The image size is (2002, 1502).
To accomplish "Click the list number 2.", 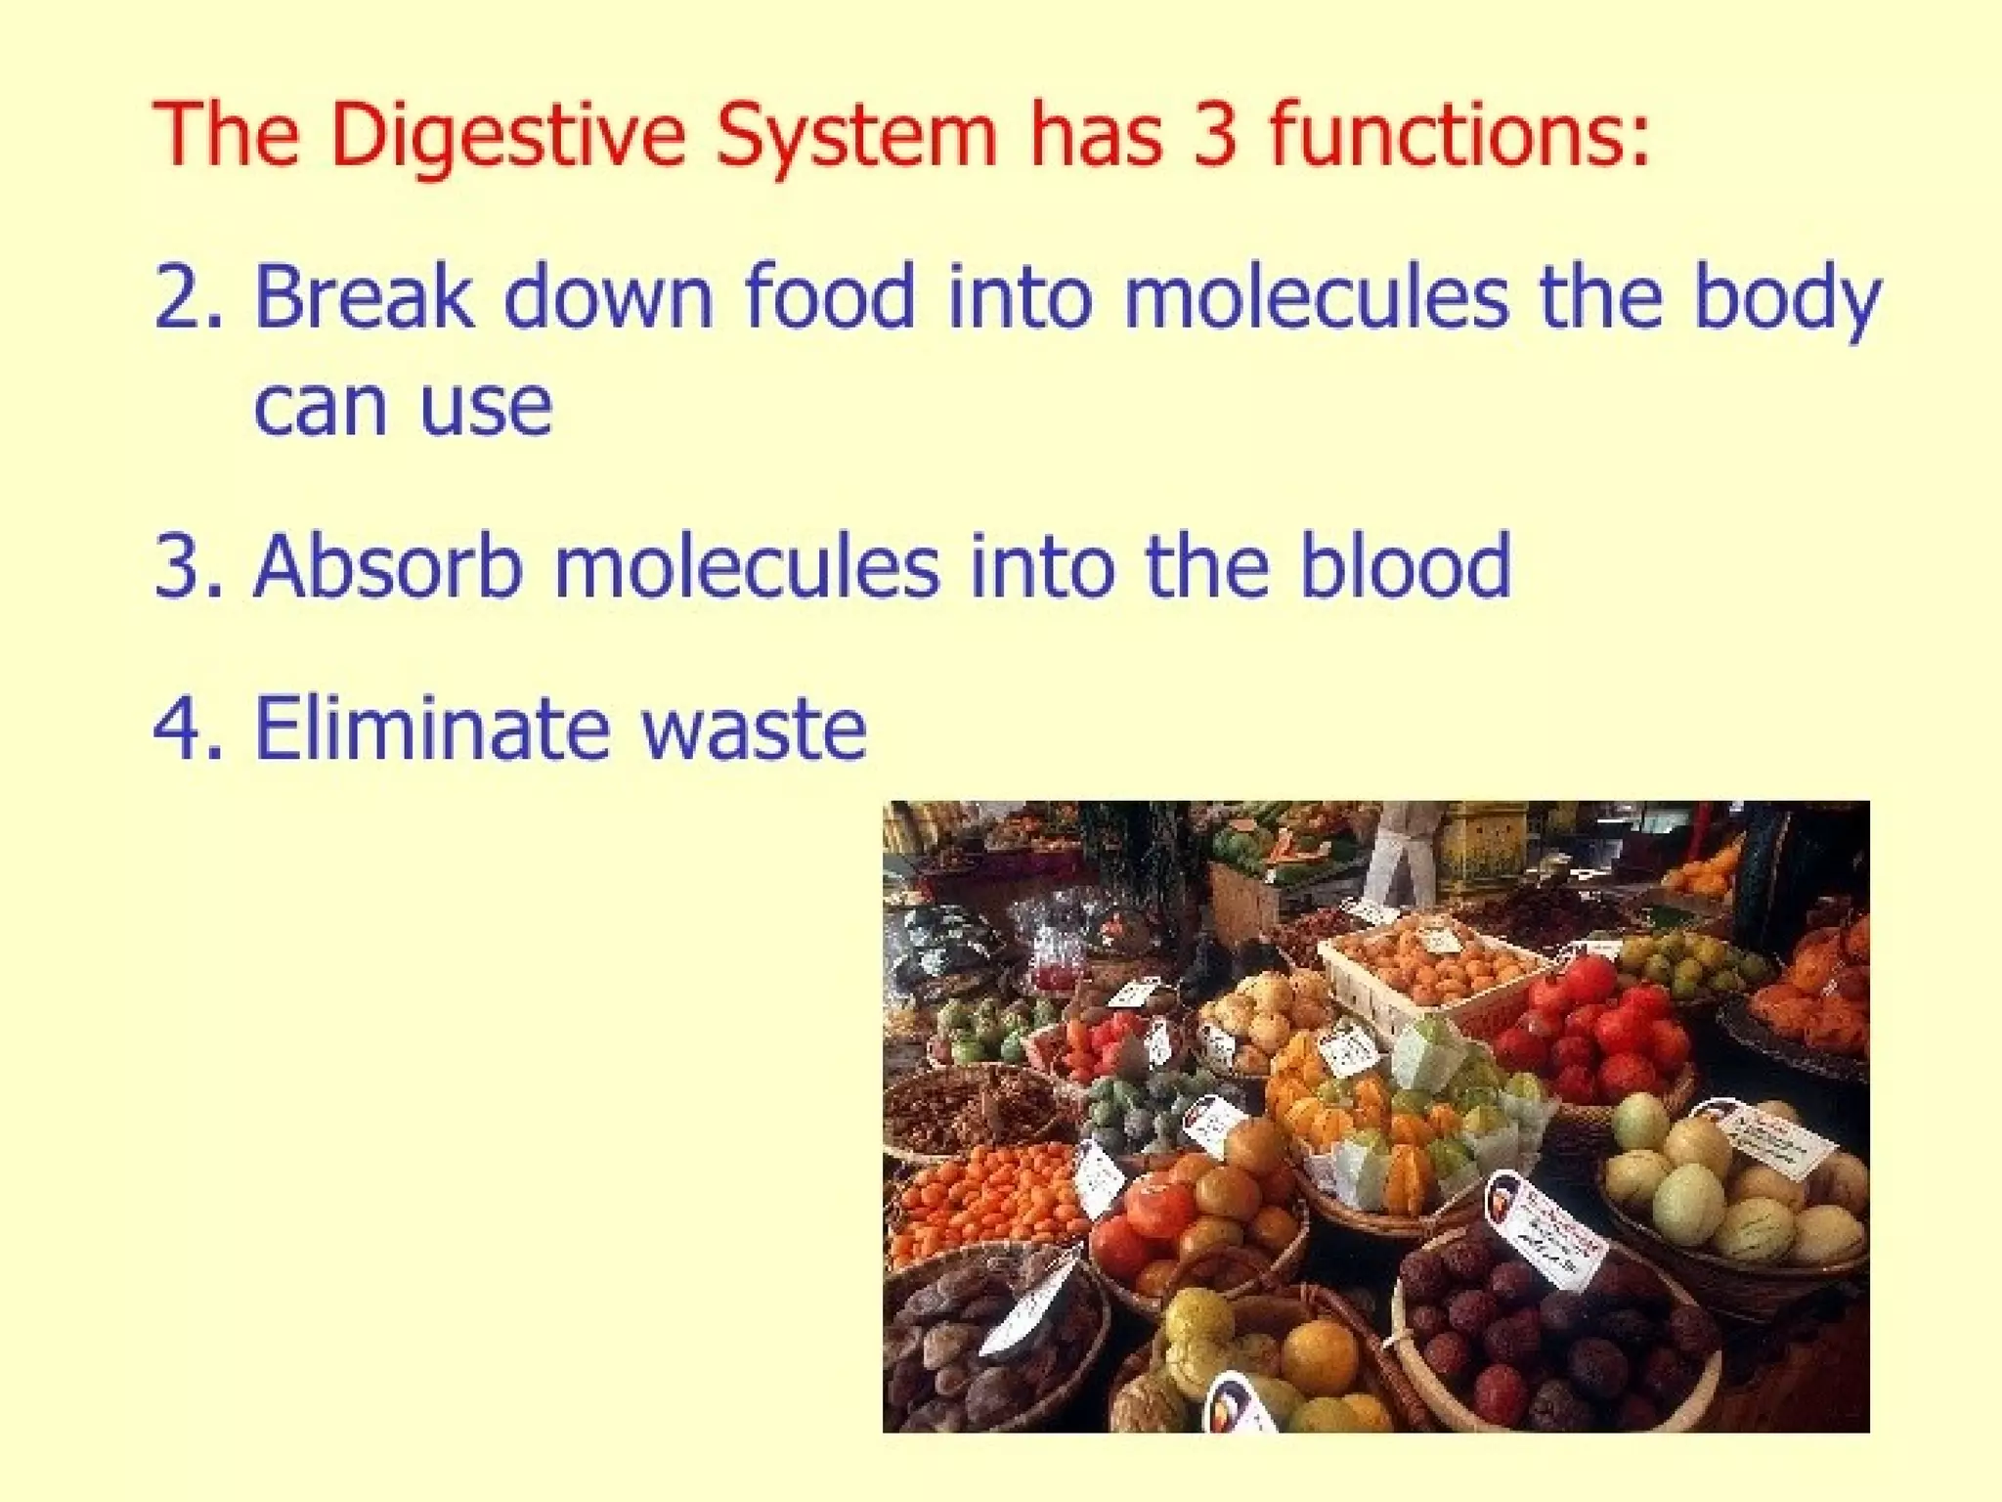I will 182,297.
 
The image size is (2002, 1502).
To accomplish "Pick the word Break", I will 364,297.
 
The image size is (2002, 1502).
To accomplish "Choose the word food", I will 830,297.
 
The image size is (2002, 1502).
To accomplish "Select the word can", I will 319,407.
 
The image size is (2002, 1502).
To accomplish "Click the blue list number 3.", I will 182,565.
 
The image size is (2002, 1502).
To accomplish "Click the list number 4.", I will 182,728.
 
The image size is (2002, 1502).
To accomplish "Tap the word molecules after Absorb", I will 747,565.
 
